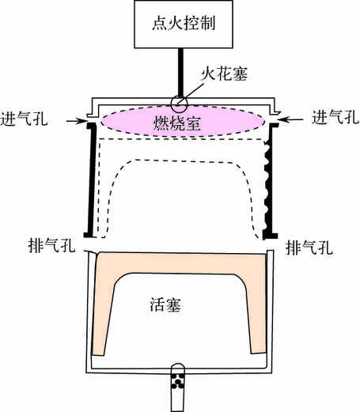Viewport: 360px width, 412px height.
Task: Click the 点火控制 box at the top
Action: coord(184,25)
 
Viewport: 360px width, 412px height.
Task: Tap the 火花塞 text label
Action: coord(224,74)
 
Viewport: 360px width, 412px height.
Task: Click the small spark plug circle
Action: coord(179,104)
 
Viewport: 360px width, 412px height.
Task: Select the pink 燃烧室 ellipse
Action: coord(183,121)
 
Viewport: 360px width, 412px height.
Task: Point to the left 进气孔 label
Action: coord(24,119)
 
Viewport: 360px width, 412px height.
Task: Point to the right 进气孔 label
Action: coord(335,117)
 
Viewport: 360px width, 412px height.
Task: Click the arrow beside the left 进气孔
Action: coord(77,121)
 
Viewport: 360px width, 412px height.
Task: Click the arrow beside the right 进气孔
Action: coord(290,120)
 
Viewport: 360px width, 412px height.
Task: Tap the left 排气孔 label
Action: coord(51,246)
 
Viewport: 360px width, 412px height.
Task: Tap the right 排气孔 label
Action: coord(309,248)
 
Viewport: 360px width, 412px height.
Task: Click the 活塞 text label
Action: coord(165,305)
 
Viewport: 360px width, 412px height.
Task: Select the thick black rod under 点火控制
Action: coord(180,74)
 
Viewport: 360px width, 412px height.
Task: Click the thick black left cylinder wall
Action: coord(91,180)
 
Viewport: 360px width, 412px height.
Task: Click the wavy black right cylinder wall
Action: coord(270,181)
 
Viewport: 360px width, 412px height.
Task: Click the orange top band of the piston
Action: coord(181,263)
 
